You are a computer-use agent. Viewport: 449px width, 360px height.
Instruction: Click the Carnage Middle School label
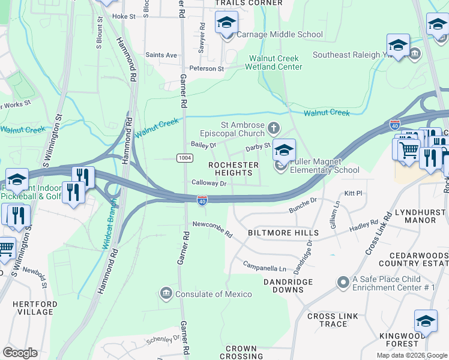click(x=279, y=35)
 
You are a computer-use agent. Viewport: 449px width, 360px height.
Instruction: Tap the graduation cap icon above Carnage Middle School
click(x=226, y=23)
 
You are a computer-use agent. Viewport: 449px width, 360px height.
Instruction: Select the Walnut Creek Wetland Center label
click(x=276, y=62)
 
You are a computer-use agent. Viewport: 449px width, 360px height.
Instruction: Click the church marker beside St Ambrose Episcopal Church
click(x=274, y=128)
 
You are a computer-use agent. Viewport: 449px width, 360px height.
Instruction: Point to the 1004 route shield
click(x=184, y=157)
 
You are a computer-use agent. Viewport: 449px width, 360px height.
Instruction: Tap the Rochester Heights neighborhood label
click(x=230, y=169)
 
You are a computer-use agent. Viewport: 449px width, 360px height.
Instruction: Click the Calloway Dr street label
click(x=208, y=183)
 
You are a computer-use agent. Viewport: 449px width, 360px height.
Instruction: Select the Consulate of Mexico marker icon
click(x=165, y=293)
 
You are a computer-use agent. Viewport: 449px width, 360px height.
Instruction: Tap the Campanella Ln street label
click(x=265, y=266)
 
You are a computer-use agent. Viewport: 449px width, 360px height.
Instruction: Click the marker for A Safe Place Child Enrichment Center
click(x=343, y=281)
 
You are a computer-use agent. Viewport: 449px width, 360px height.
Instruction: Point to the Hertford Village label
click(x=35, y=308)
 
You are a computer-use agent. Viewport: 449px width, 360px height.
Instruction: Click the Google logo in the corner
click(x=20, y=353)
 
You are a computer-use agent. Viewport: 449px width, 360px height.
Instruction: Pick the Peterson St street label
click(x=206, y=68)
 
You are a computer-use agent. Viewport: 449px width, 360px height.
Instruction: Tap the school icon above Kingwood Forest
click(x=426, y=320)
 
